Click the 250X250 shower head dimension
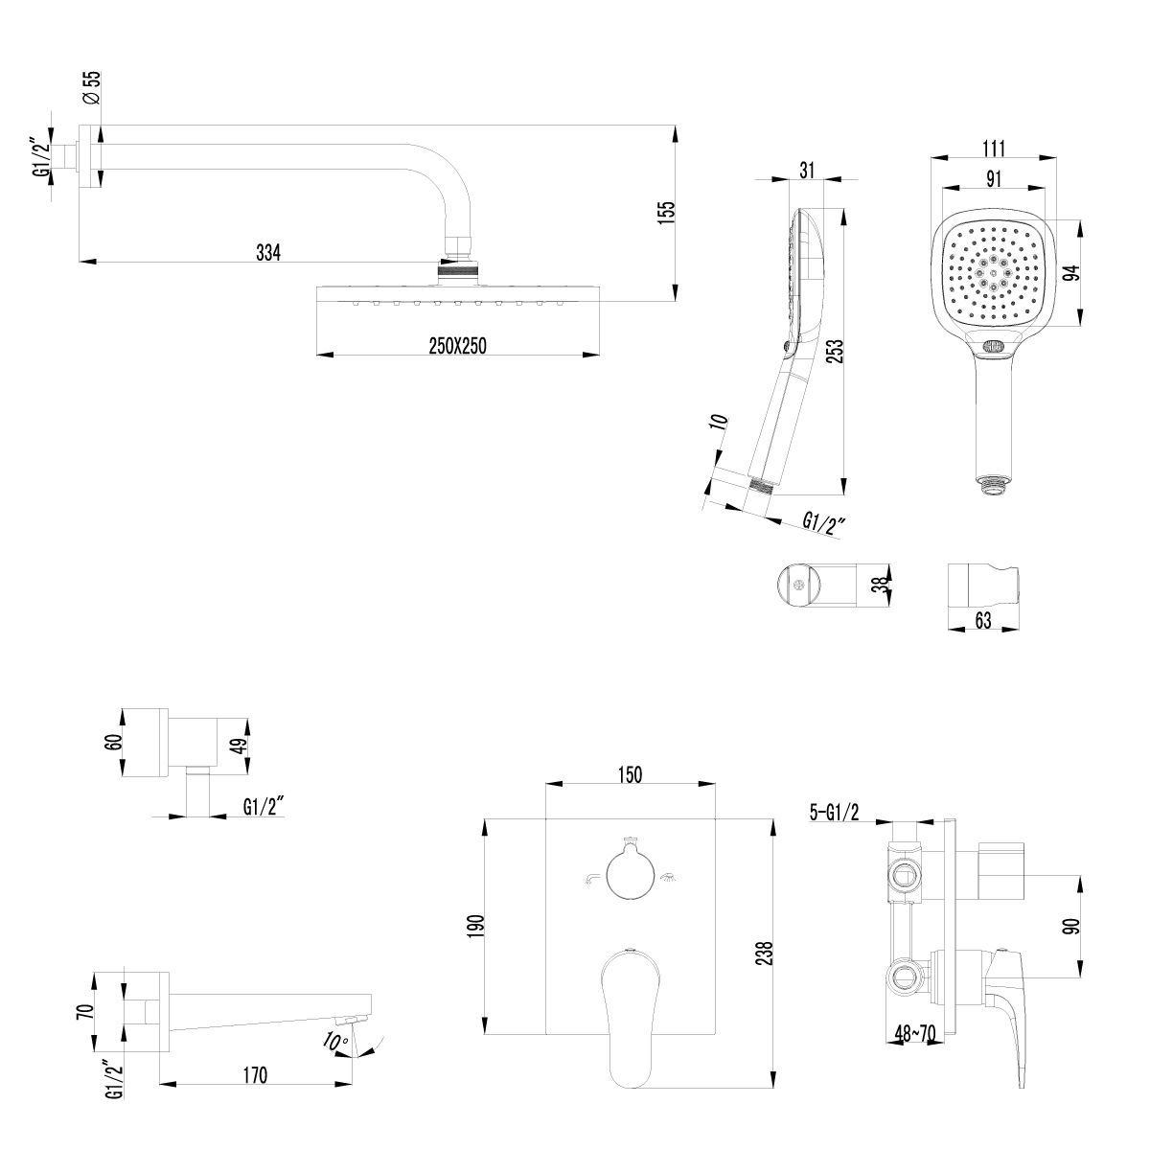tap(458, 346)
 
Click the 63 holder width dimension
tap(982, 620)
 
